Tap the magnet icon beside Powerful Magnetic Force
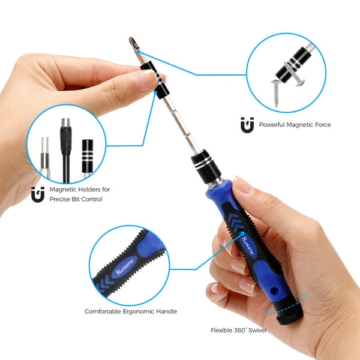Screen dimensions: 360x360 tap(247, 125)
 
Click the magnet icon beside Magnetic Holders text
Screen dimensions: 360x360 tap(38, 194)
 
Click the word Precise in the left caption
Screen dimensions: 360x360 tap(61, 199)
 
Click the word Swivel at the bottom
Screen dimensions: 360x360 tap(258, 330)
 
